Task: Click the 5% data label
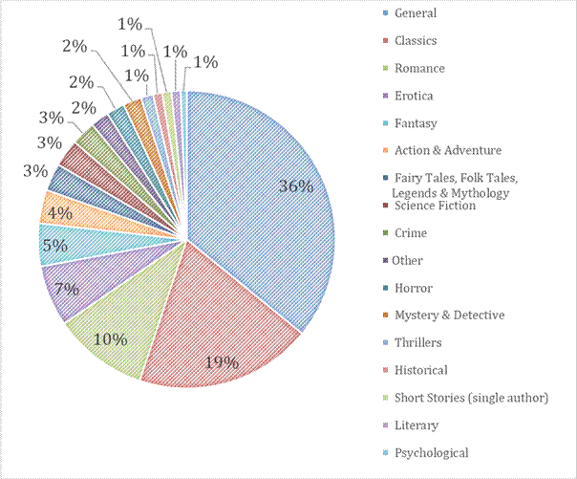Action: click(x=53, y=246)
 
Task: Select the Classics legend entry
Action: click(x=416, y=41)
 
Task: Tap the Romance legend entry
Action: click(x=419, y=69)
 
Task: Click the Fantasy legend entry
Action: click(x=416, y=123)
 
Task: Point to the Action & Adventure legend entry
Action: click(x=447, y=150)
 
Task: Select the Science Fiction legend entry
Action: click(x=435, y=206)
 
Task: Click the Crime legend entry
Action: click(x=411, y=233)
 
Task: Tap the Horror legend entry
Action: click(x=413, y=288)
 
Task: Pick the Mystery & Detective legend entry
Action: click(x=449, y=315)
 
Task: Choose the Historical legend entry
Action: click(x=420, y=370)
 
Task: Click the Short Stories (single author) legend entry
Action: click(x=471, y=398)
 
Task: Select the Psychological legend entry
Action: click(x=431, y=452)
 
